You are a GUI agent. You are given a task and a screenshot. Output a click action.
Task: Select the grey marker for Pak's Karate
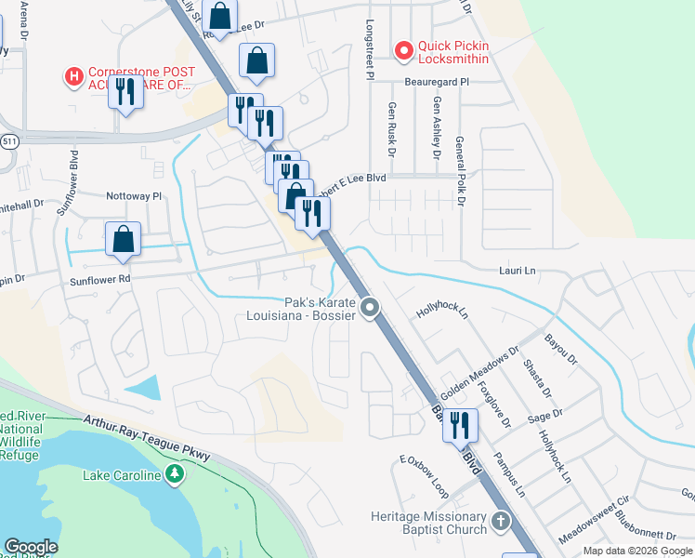370,307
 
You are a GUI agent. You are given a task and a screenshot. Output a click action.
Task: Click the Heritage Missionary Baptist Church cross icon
501,521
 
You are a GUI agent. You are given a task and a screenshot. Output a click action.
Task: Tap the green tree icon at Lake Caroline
174,475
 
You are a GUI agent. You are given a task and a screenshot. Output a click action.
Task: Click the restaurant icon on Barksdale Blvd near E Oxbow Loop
460,426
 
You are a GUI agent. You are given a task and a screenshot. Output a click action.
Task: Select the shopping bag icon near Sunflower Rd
123,240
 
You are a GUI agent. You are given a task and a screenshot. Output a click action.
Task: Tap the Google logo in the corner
31,547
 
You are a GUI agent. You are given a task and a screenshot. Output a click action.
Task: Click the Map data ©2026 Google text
636,551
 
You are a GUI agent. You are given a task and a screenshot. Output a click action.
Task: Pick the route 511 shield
9,140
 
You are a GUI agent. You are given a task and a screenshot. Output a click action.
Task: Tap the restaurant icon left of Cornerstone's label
125,92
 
